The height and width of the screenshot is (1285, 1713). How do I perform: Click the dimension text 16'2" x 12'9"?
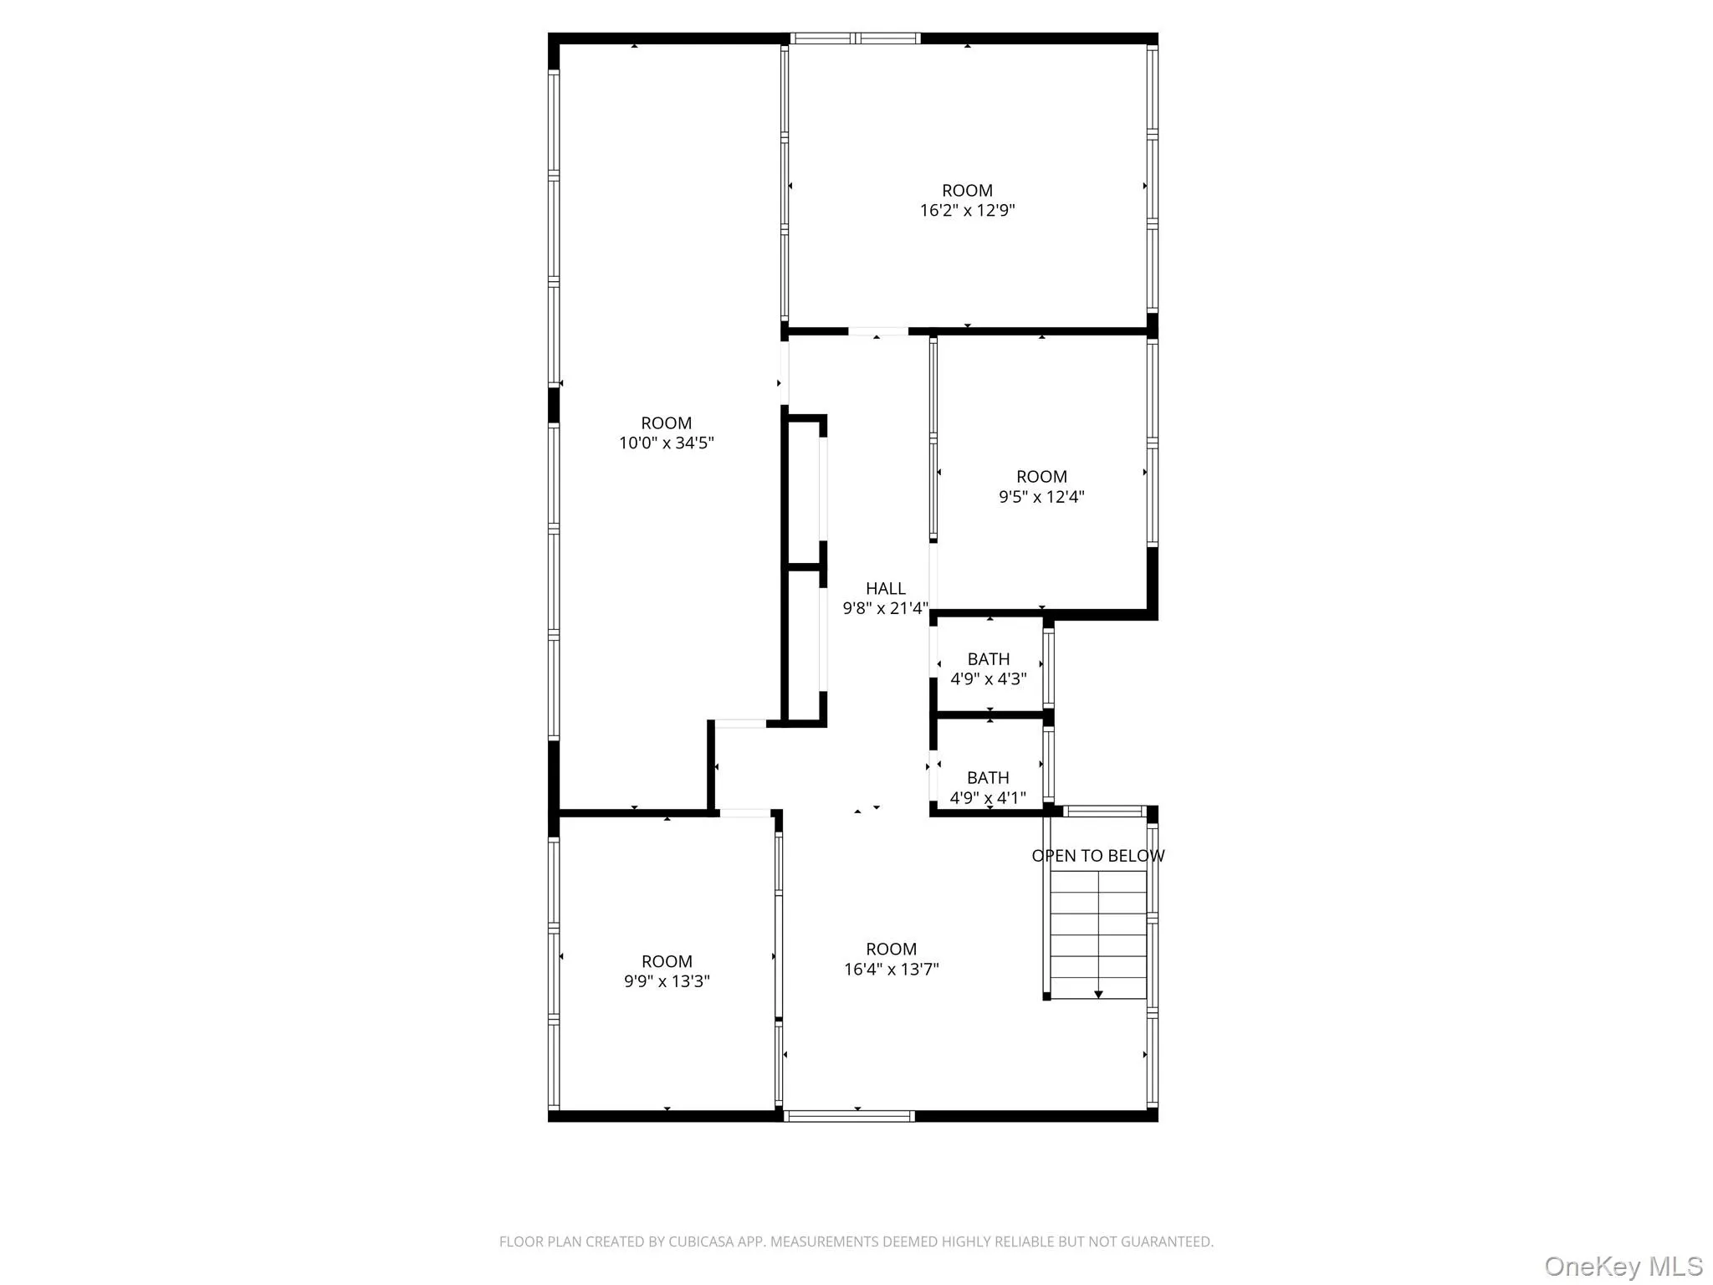967,211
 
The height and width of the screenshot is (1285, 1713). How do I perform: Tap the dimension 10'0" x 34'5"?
666,443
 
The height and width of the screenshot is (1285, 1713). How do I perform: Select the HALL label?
885,589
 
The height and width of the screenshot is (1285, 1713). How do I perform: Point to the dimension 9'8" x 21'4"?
885,609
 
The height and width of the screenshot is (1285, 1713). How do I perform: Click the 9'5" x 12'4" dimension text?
1041,497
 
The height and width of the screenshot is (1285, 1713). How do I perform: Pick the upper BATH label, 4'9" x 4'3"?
989,659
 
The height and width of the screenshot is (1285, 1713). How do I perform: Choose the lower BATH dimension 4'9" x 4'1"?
988,798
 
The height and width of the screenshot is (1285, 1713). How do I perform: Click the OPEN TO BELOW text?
1097,856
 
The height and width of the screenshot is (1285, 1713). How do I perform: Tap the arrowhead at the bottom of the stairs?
1098,994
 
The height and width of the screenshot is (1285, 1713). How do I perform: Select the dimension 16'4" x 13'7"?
891,970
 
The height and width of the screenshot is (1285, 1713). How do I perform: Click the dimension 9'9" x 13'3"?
667,981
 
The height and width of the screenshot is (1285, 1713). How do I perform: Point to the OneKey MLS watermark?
1623,1266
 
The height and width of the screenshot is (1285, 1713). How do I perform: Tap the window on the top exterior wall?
855,38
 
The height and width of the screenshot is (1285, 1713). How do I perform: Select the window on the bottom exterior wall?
850,1115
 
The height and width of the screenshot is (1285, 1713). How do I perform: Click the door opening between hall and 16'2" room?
877,332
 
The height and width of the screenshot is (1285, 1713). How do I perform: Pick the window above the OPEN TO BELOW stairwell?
1103,811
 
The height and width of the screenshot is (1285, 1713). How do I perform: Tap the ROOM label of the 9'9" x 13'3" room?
667,961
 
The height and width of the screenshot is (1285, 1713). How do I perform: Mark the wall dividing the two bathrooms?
989,715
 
